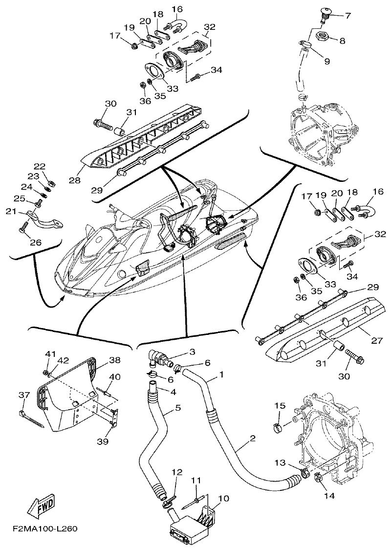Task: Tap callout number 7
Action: (x=348, y=16)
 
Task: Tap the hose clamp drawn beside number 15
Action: (x=278, y=429)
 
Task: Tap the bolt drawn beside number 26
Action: (x=22, y=226)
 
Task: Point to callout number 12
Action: (x=176, y=472)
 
